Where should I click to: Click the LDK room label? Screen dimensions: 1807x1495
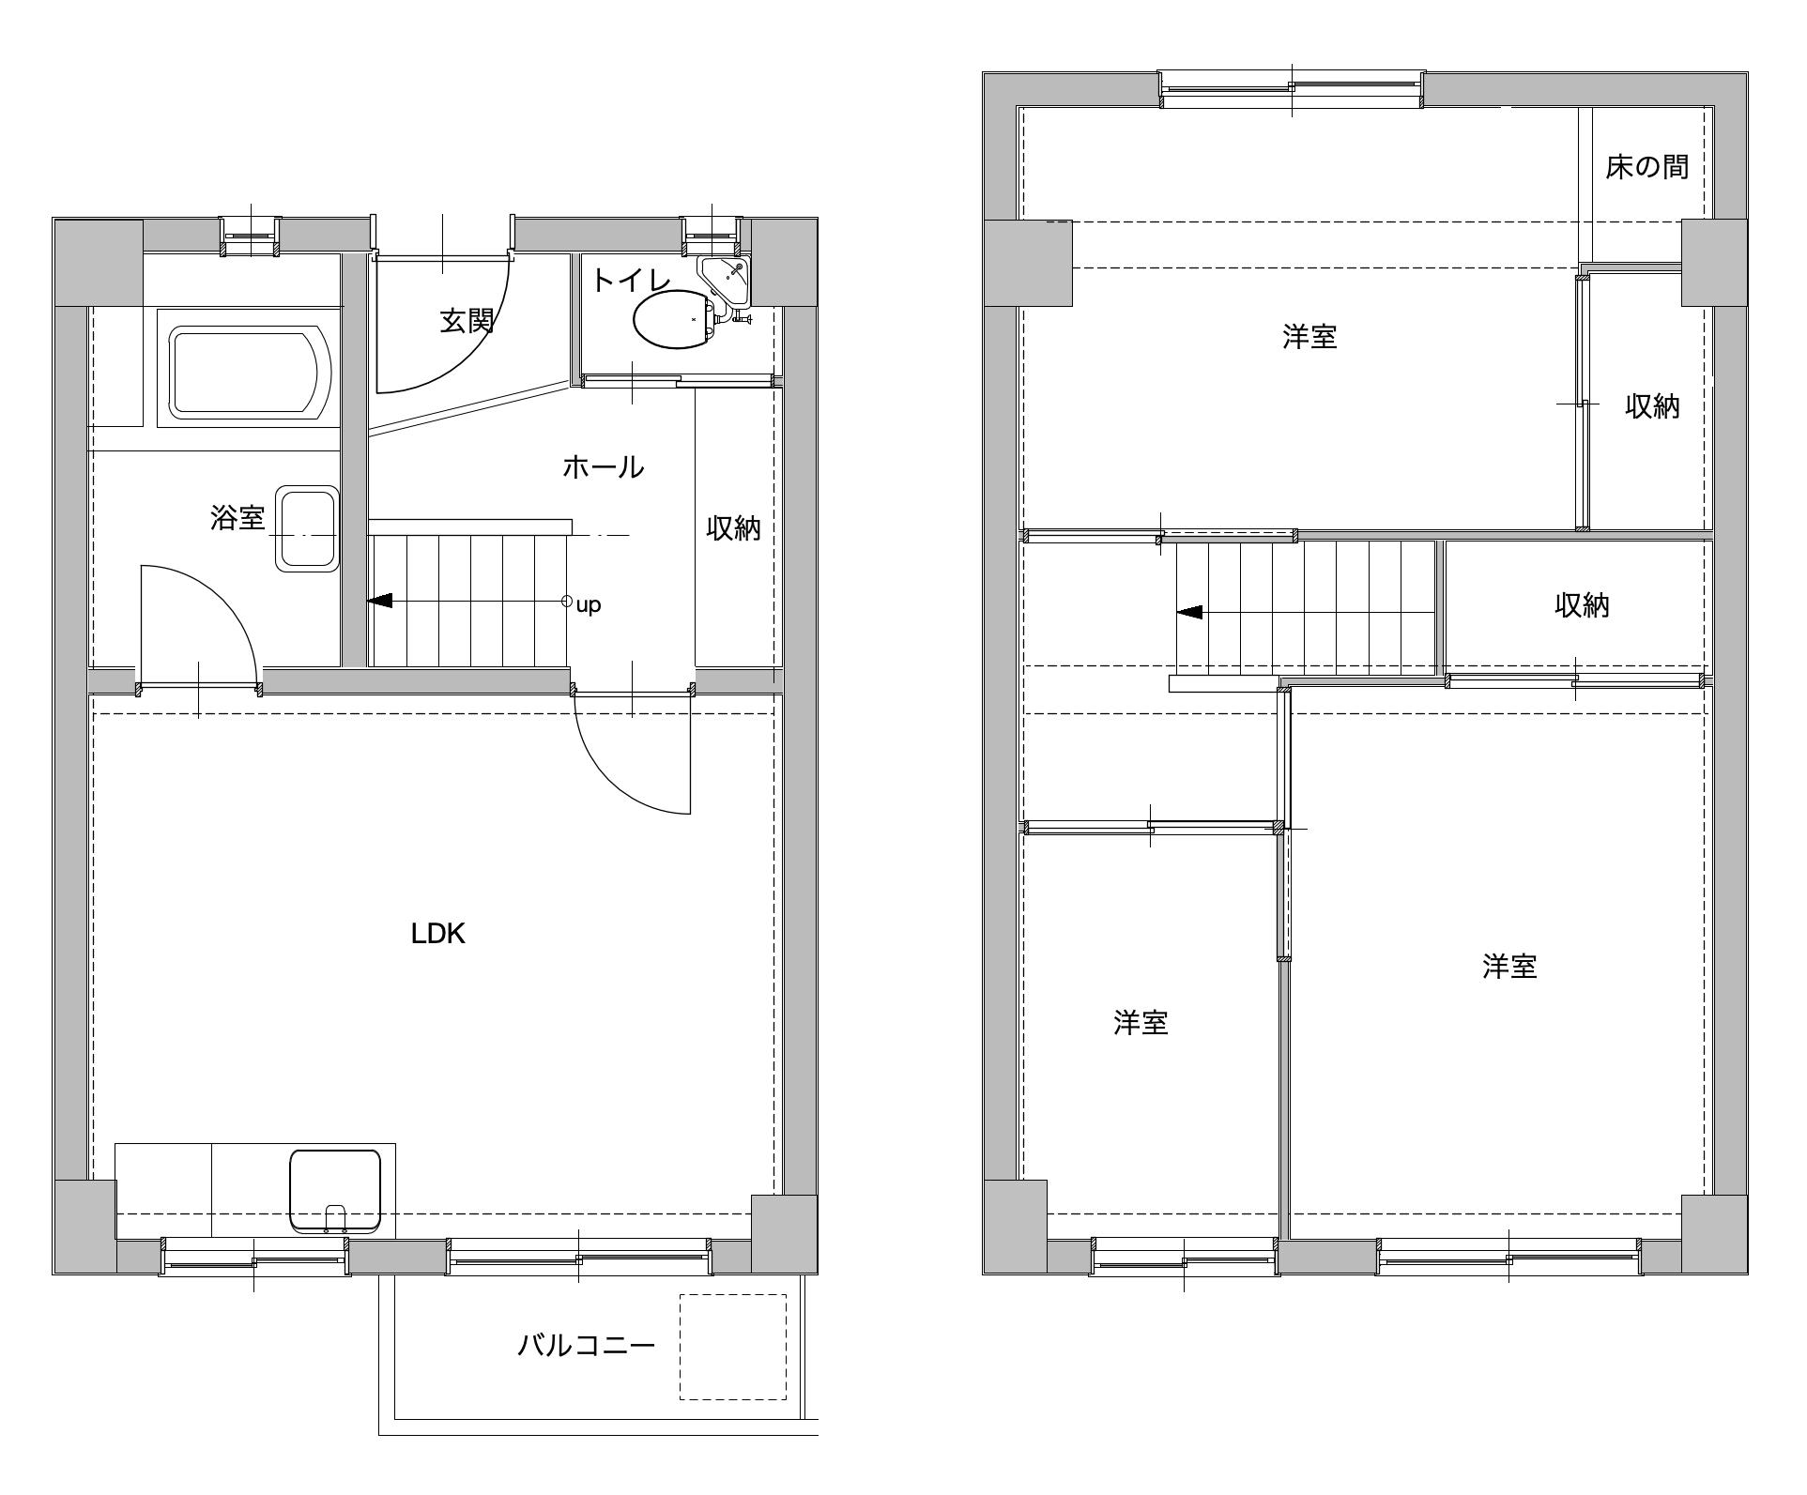coord(438,934)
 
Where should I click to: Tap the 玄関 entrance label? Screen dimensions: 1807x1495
coord(467,321)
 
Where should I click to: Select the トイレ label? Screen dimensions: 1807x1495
coord(631,281)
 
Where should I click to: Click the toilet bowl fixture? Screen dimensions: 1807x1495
coord(675,319)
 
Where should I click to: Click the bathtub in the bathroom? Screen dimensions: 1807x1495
coord(251,373)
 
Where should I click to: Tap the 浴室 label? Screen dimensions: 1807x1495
coord(237,517)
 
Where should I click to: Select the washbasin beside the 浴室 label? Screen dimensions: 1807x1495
coord(306,528)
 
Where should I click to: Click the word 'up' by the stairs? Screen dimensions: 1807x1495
coord(589,605)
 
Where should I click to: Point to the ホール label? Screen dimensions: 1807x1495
coord(603,466)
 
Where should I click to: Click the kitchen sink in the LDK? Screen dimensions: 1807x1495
coord(335,1190)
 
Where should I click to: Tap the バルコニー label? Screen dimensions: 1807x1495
coord(587,1346)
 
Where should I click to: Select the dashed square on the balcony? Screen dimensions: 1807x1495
coord(733,1347)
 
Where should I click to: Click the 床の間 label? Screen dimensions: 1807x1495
coord(1647,167)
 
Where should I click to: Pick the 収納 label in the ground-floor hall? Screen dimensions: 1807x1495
coord(734,528)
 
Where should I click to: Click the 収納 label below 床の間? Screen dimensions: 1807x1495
coord(1653,406)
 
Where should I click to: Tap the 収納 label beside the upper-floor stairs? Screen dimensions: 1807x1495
coord(1583,605)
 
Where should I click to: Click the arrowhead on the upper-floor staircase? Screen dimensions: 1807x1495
coord(1189,613)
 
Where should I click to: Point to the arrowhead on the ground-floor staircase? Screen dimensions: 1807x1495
coord(380,601)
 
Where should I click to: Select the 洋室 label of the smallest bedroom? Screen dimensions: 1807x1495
coord(1141,1022)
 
